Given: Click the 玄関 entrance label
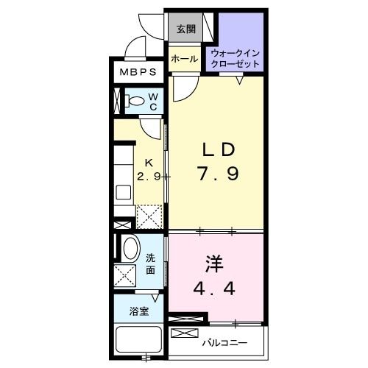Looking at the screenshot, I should pos(185,29).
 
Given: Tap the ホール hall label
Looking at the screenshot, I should pos(183,59).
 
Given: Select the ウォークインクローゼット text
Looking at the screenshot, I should pos(236,59).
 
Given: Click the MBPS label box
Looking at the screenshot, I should pos(138,73).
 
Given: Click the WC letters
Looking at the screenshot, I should pos(154,102).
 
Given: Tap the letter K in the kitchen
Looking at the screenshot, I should pos(148,163).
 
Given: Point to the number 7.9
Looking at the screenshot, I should pos(219,174).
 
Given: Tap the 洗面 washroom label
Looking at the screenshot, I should pos(150,263).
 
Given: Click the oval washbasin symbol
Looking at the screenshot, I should pos(130,248).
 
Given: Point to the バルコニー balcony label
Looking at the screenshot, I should pos(224,343).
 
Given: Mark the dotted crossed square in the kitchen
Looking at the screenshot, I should pos(150,216).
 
